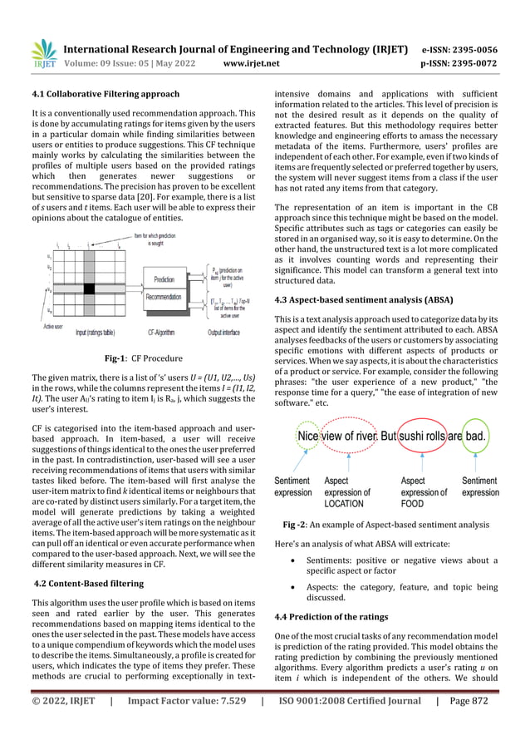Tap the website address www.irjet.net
[x=252, y=62]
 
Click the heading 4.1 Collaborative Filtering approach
[x=105, y=94]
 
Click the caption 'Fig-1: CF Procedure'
[x=138, y=358]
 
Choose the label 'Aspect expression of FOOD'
[x=423, y=492]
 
